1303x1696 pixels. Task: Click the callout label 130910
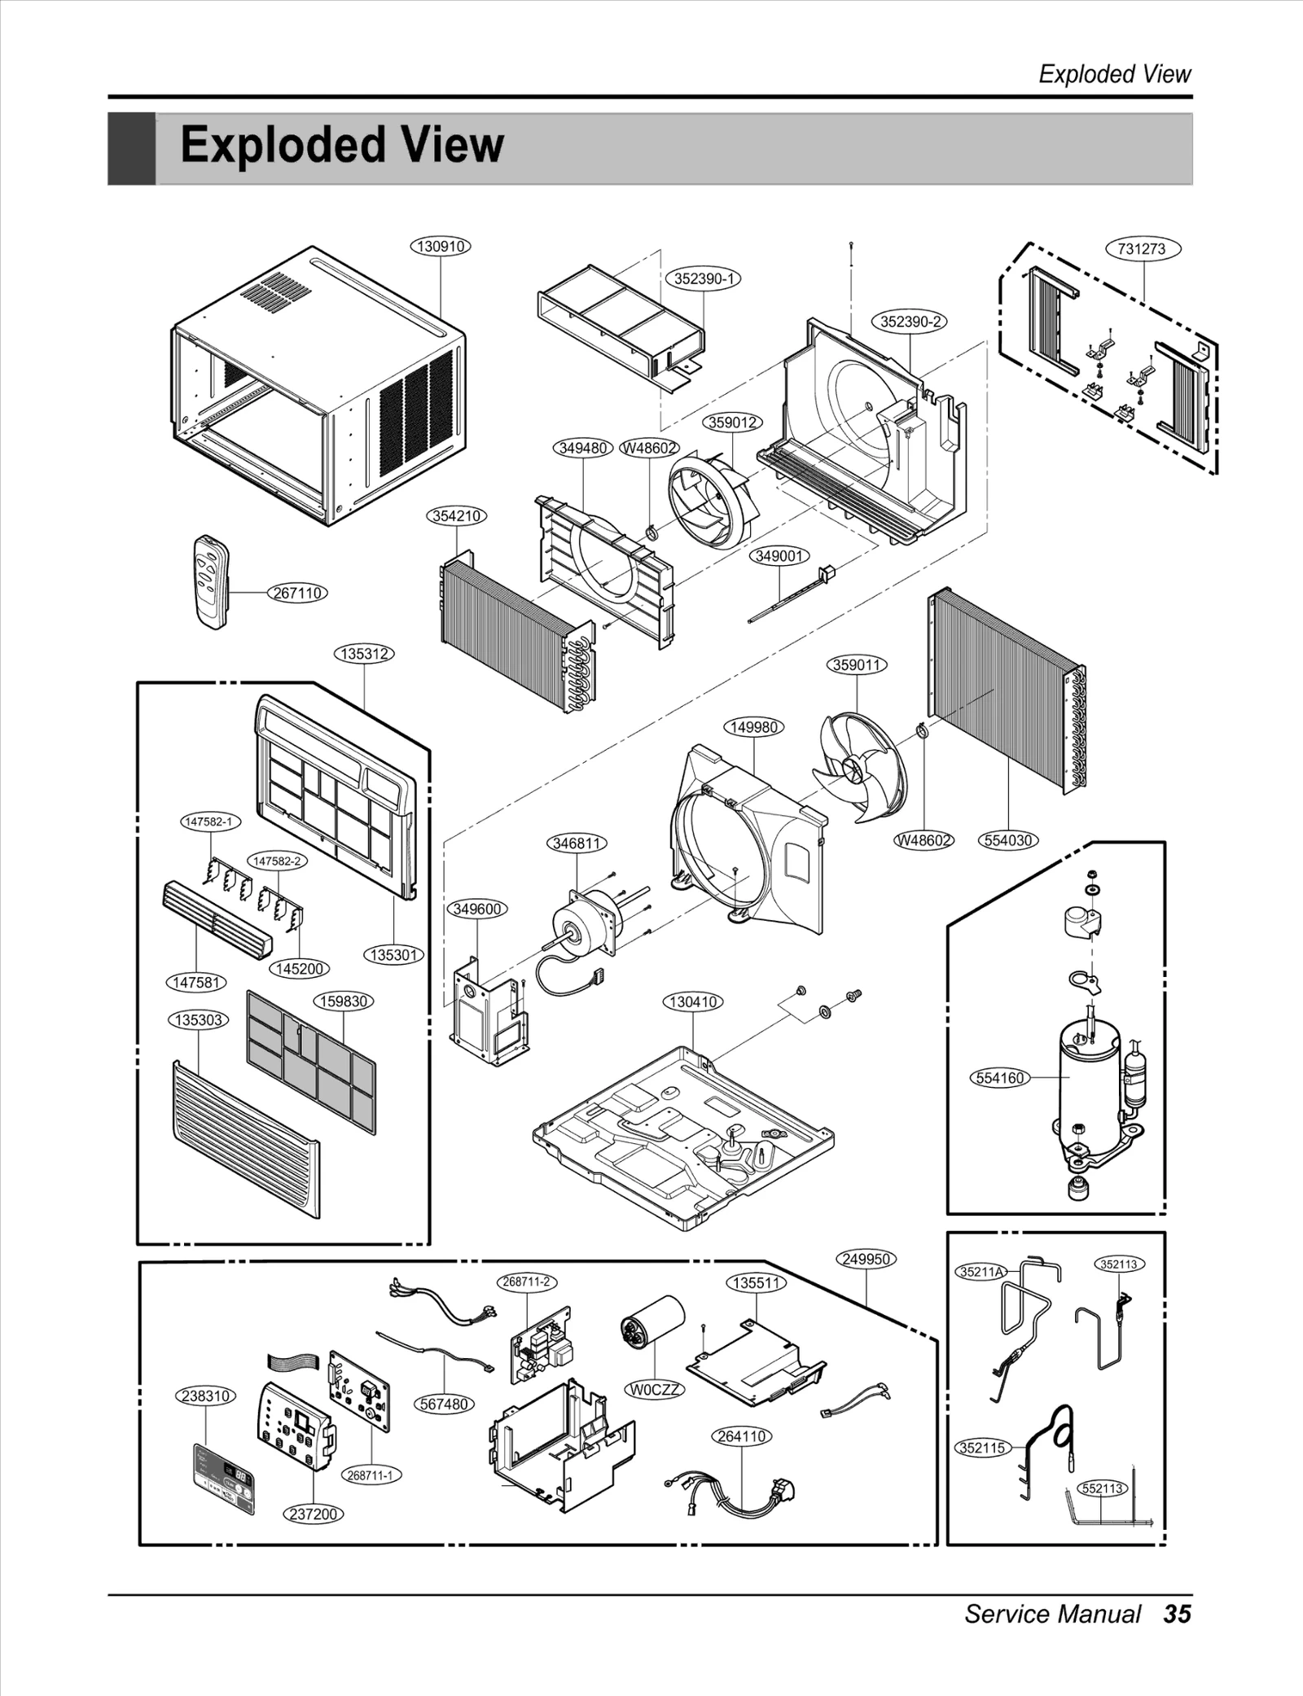(441, 246)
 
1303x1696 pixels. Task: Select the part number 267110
(297, 593)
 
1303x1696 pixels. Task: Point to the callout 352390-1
(704, 278)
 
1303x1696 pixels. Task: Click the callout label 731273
(1142, 249)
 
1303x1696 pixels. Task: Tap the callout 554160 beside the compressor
(999, 1078)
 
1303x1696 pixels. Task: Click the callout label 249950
(866, 1259)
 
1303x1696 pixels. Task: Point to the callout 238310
(205, 1396)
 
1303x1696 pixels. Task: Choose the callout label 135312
(364, 654)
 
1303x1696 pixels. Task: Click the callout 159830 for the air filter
(344, 1001)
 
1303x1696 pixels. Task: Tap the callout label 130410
(693, 1001)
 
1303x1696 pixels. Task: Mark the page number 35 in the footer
(1177, 1614)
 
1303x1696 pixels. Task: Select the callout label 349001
(779, 556)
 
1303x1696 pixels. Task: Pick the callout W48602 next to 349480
(649, 449)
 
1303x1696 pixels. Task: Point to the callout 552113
(1102, 1488)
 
